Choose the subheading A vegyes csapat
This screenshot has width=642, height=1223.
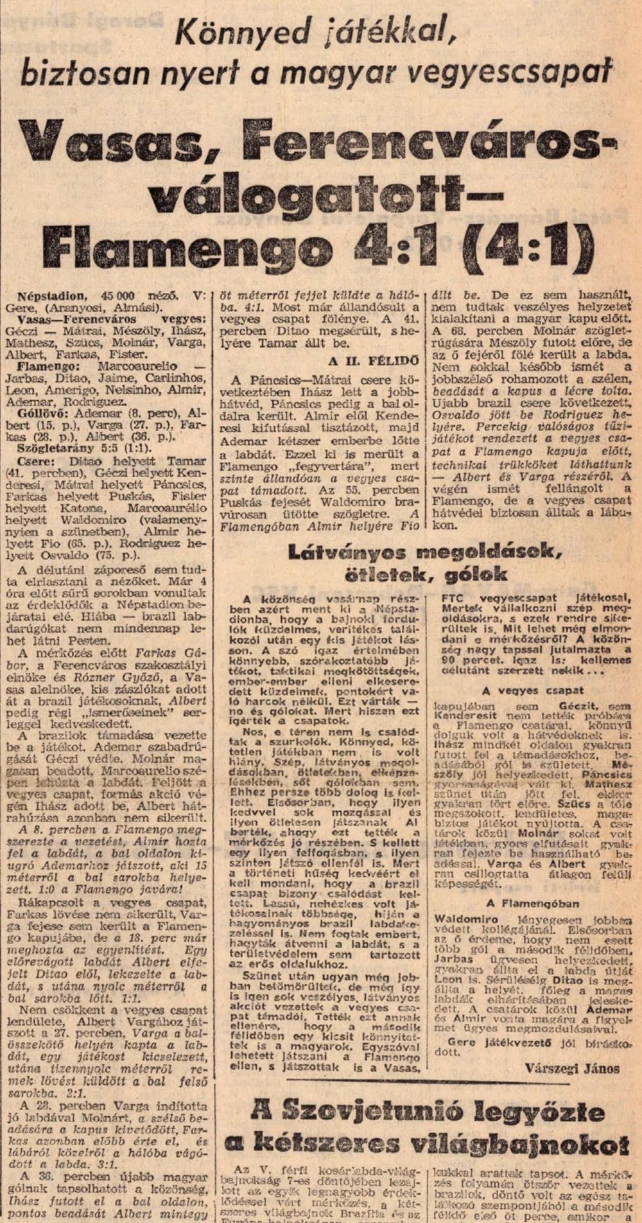532,691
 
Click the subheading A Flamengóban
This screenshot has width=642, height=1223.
532,903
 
